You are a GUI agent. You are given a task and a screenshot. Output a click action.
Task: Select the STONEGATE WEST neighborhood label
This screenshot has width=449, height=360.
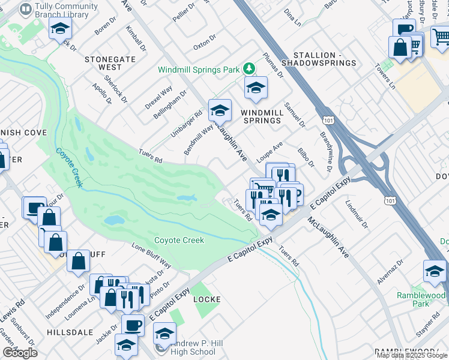tap(111, 63)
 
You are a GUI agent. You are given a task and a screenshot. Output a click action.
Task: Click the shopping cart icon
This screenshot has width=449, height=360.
tap(440, 37)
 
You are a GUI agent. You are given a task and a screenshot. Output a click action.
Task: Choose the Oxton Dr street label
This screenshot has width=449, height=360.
tap(204, 46)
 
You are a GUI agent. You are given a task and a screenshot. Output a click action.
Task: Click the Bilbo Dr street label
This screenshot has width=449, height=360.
tap(306, 155)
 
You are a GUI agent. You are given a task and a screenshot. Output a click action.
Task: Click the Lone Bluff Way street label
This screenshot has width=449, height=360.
tap(151, 256)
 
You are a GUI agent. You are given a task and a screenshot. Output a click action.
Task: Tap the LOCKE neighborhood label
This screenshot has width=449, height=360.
tap(206, 299)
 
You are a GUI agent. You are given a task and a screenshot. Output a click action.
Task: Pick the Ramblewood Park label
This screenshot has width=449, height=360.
tap(421, 299)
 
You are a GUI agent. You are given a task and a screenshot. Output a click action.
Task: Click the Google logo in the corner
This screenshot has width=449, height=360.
tap(20, 352)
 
